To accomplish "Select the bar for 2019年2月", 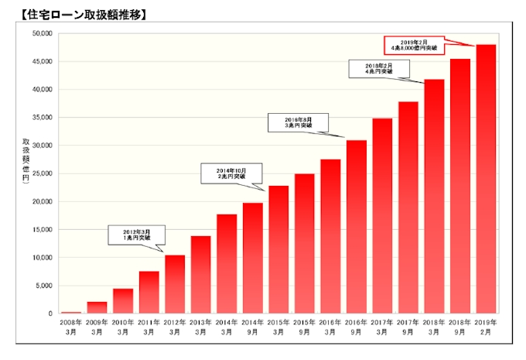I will (x=486, y=178).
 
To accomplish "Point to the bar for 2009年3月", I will (x=97, y=307).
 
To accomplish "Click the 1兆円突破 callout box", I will (x=136, y=234).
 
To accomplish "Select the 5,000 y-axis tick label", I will (x=43, y=286).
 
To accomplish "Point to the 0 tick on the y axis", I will (x=50, y=314).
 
